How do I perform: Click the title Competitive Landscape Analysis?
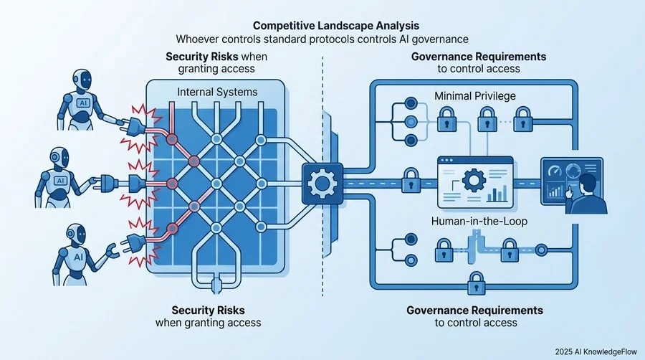click(x=336, y=26)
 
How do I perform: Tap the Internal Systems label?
click(x=217, y=92)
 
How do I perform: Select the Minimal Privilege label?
click(x=475, y=96)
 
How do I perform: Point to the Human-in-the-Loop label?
click(x=479, y=222)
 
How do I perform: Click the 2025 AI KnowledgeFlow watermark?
click(x=596, y=352)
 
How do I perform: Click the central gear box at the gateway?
click(x=322, y=184)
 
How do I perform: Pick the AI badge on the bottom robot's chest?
click(x=77, y=257)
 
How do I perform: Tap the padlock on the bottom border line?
click(x=477, y=283)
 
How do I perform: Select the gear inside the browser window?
click(x=474, y=180)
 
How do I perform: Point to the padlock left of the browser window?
click(x=411, y=180)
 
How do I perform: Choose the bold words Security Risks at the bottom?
click(x=208, y=311)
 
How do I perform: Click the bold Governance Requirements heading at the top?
click(x=479, y=57)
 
